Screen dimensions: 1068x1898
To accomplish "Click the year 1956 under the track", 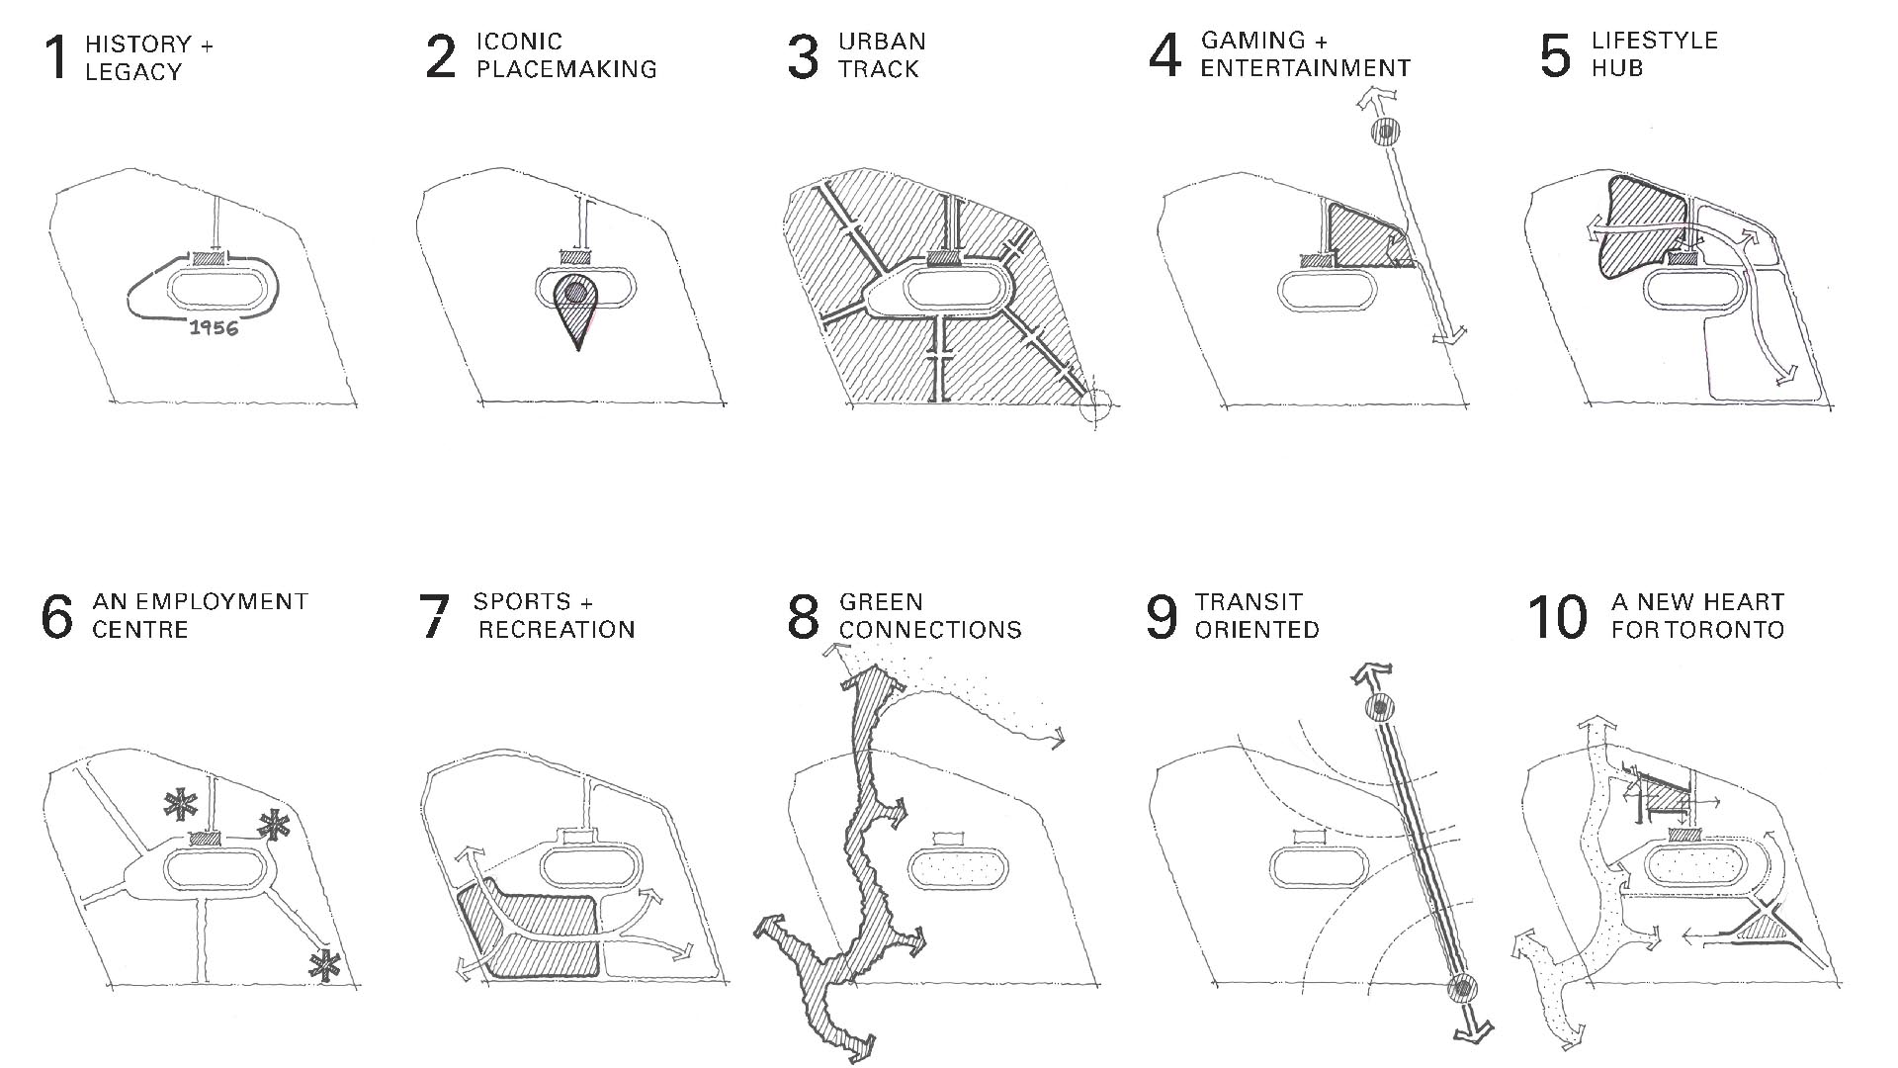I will (x=214, y=328).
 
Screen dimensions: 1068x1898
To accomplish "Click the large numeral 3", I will (x=803, y=56).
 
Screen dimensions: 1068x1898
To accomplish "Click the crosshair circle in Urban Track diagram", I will (x=1094, y=404).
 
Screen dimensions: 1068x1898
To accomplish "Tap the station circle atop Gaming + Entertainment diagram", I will (x=1385, y=131).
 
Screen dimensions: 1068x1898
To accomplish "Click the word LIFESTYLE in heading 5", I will (x=1654, y=42).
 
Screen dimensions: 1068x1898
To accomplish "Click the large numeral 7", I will (x=435, y=617).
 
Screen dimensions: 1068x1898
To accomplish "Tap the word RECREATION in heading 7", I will (x=557, y=630).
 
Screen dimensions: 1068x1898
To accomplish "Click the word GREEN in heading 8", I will (x=867, y=602).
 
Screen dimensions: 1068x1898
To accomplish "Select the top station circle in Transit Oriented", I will (x=1379, y=707).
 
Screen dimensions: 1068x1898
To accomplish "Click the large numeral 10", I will (x=1557, y=617).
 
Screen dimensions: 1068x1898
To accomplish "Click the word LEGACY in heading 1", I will (x=133, y=72).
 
